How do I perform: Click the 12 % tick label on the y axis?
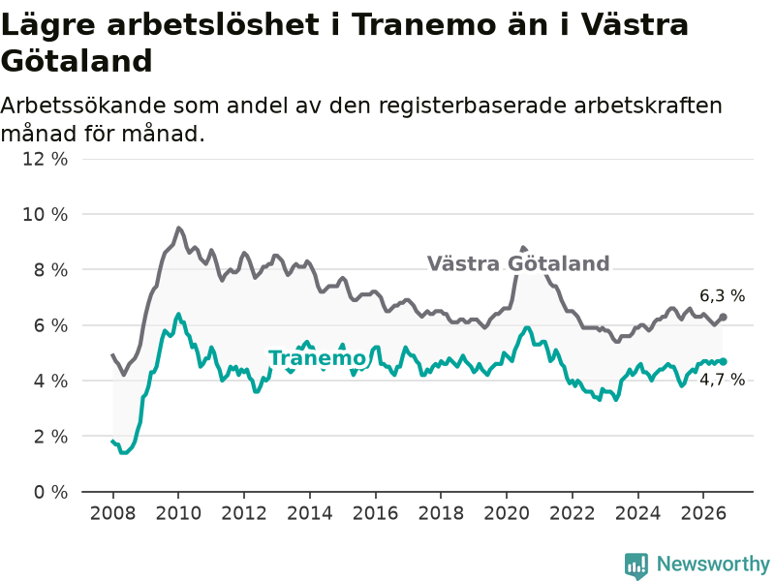pyautogui.click(x=45, y=159)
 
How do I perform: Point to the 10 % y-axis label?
pyautogui.click(x=45, y=214)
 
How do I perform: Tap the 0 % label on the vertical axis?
pyautogui.click(x=50, y=492)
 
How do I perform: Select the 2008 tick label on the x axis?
pyautogui.click(x=112, y=513)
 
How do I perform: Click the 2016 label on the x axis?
pyautogui.click(x=375, y=513)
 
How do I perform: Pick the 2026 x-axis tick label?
pyautogui.click(x=703, y=513)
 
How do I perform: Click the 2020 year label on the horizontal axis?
pyautogui.click(x=507, y=513)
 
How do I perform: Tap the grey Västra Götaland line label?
pyautogui.click(x=518, y=263)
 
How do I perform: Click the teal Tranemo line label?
pyautogui.click(x=317, y=358)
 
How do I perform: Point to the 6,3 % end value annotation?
pyautogui.click(x=722, y=296)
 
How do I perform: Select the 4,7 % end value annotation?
pyautogui.click(x=722, y=380)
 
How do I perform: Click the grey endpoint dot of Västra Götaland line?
pyautogui.click(x=723, y=318)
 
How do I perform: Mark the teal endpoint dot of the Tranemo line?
pyautogui.click(x=723, y=361)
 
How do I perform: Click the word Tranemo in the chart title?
pyautogui.click(x=423, y=24)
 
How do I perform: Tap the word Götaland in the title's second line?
pyautogui.click(x=77, y=61)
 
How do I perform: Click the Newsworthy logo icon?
pyautogui.click(x=636, y=565)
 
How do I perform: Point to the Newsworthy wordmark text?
pyautogui.click(x=713, y=564)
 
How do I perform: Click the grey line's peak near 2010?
pyautogui.click(x=178, y=228)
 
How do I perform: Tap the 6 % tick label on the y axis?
pyautogui.click(x=50, y=325)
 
